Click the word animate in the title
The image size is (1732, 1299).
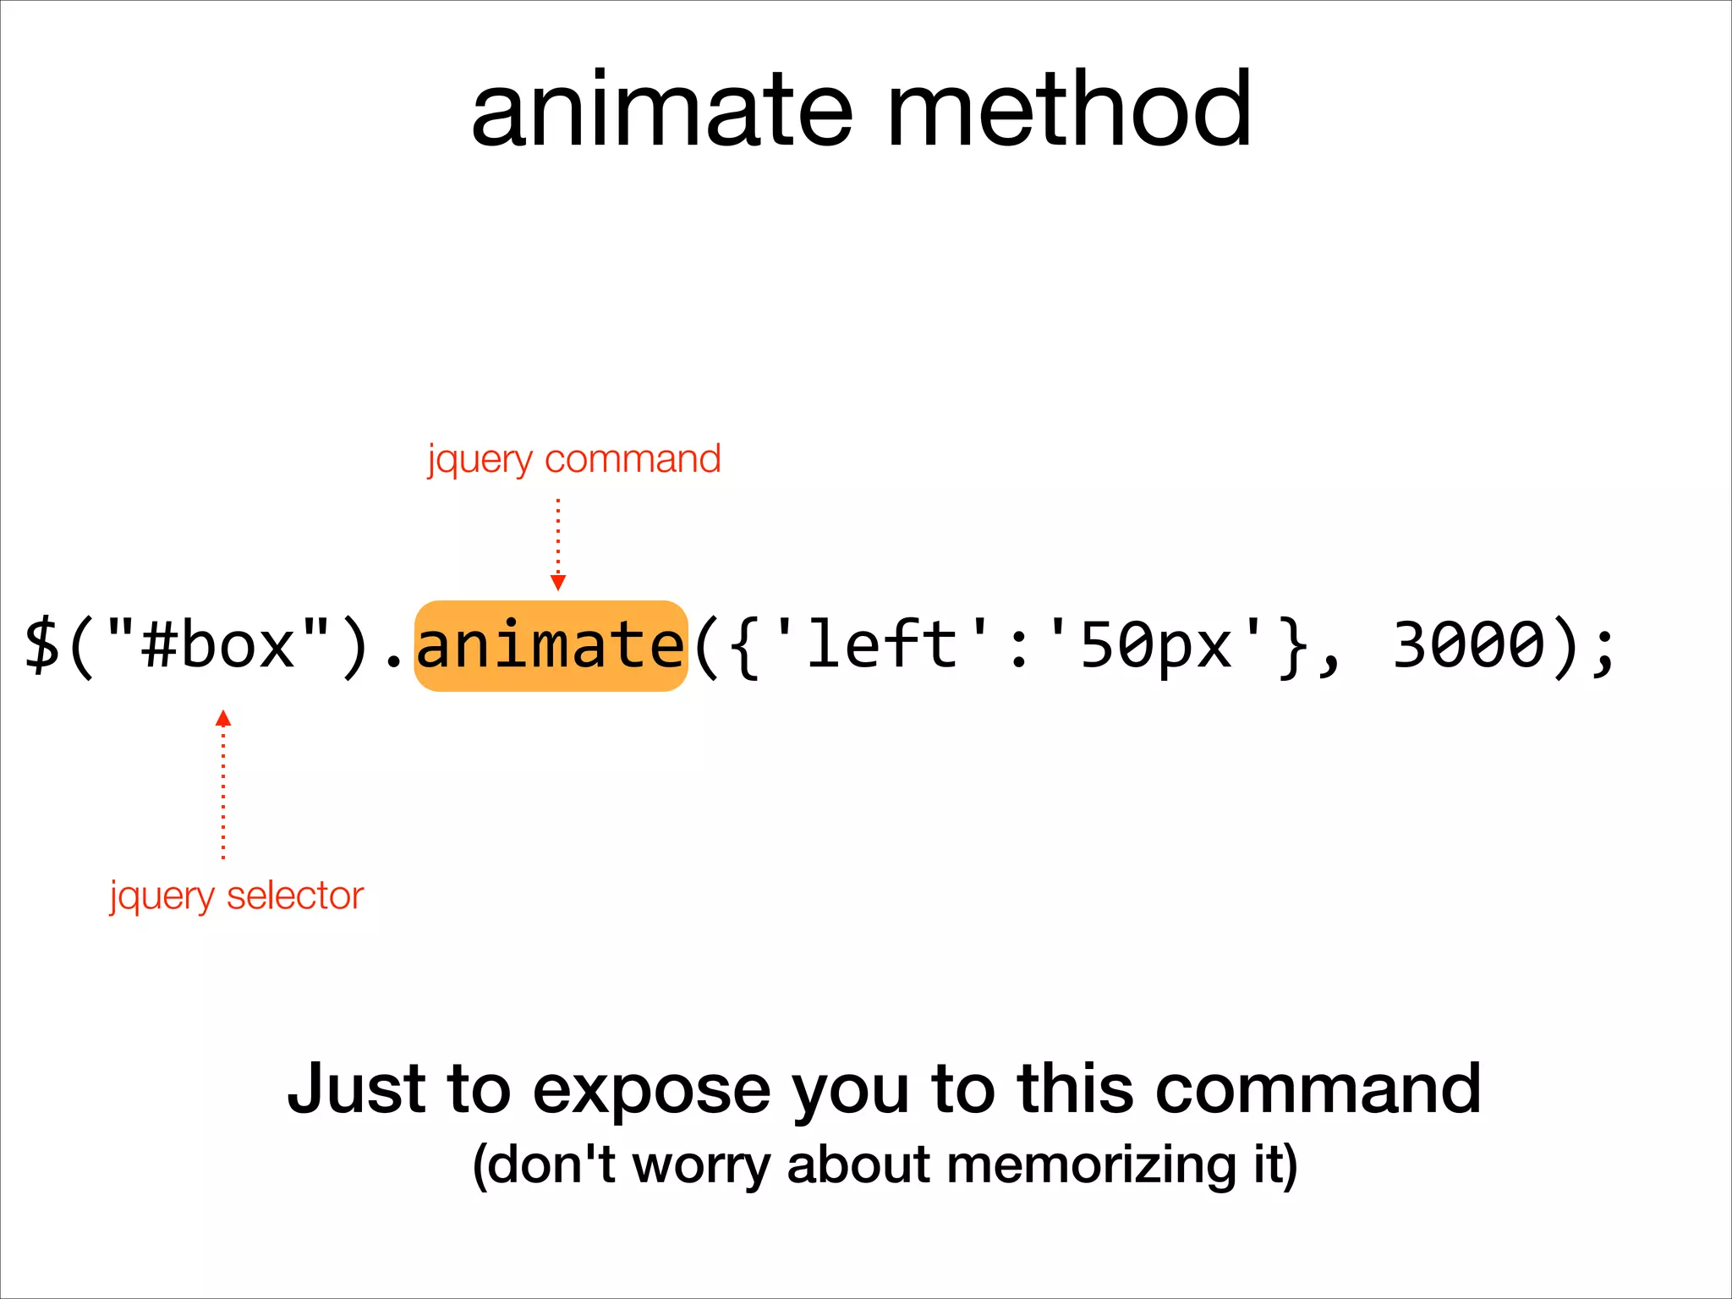661,111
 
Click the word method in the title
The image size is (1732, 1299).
1068,109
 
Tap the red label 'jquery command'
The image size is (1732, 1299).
574,459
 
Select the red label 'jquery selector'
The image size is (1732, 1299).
237,896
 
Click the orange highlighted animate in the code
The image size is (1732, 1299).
551,646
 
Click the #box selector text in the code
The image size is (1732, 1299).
218,646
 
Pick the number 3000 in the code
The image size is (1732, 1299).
1469,646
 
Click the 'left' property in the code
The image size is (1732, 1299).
880,646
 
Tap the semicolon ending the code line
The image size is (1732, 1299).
1603,649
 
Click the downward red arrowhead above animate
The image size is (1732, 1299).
557,582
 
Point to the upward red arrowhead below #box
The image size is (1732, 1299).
223,719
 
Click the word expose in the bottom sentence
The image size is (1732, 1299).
651,1090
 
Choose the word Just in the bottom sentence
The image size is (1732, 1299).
357,1088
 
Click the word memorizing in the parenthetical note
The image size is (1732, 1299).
1092,1165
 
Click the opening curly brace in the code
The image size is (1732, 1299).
743,648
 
